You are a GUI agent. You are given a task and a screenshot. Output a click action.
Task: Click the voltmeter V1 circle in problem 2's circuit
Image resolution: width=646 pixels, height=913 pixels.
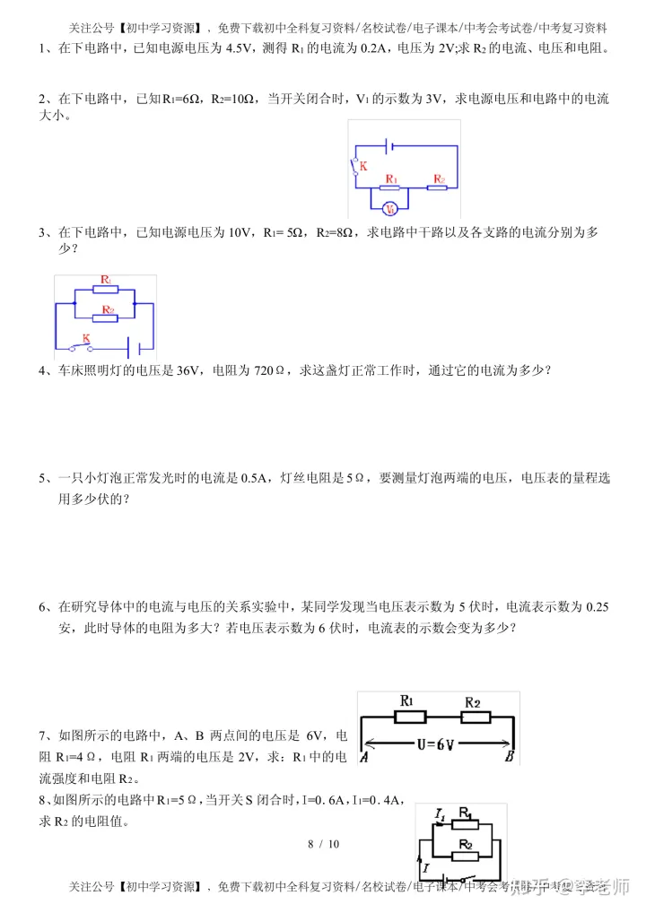point(390,209)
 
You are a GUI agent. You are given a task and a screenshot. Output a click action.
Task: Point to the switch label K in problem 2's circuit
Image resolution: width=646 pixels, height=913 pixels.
point(363,167)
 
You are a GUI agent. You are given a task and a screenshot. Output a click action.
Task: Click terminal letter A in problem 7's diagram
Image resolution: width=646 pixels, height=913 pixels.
point(365,757)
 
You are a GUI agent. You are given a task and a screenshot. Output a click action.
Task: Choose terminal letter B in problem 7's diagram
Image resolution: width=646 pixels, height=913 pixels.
point(509,757)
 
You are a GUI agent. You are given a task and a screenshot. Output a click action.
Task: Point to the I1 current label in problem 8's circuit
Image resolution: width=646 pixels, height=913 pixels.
point(441,814)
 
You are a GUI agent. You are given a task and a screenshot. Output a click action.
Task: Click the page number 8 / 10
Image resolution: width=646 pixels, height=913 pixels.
point(323,844)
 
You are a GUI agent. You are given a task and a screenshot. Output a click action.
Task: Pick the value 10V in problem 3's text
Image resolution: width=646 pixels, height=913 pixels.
point(240,232)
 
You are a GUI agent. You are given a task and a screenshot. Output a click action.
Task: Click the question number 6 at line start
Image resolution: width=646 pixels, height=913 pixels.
point(42,607)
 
